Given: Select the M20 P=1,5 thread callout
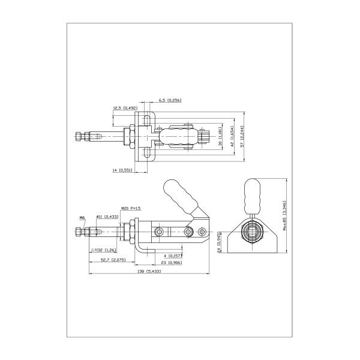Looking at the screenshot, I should [x=131, y=208].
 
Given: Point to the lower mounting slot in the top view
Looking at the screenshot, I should [x=148, y=154].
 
